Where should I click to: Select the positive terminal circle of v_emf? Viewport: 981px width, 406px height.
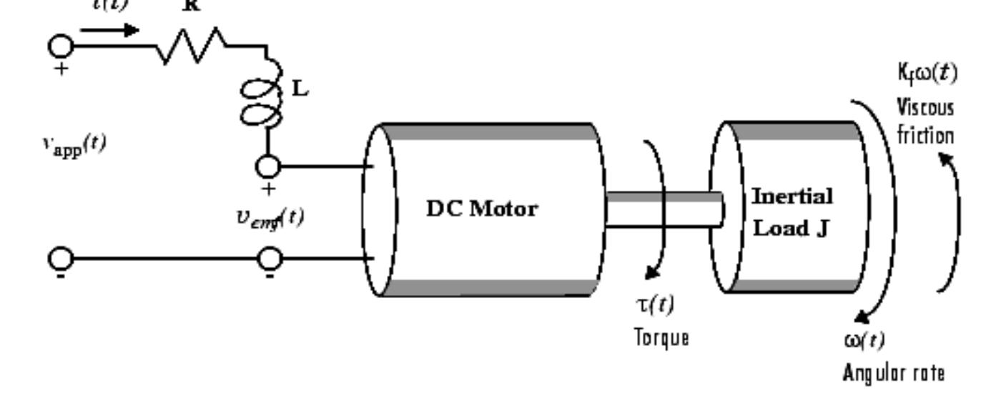point(268,167)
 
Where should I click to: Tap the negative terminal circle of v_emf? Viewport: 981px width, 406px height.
point(268,258)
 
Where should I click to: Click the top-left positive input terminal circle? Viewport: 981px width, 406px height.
point(60,46)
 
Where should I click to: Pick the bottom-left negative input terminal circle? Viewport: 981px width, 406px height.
point(60,258)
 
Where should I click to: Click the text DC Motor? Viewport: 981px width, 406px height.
point(482,210)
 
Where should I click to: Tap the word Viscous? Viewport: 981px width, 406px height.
point(925,109)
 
